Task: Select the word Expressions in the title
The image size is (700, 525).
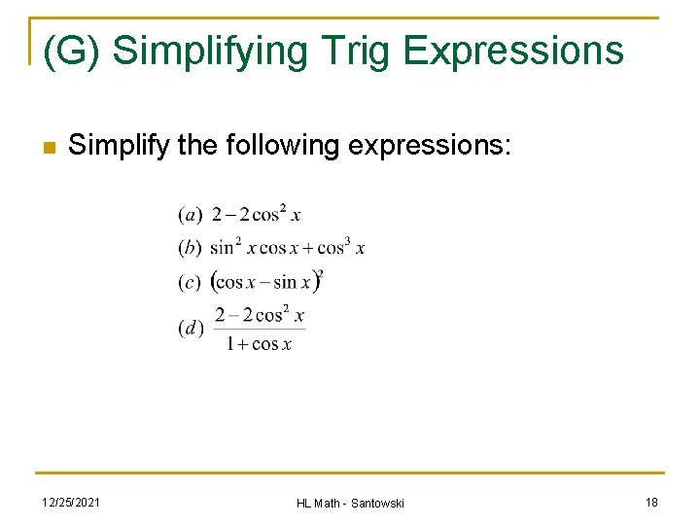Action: coord(513,51)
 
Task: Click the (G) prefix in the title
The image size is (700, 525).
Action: coord(71,51)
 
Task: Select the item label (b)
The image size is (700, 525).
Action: coord(191,248)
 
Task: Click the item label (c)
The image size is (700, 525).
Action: coord(191,282)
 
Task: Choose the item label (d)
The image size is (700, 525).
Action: coord(191,328)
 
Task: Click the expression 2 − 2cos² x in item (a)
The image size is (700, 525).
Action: coord(257,214)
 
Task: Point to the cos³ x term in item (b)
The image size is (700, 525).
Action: coord(341,247)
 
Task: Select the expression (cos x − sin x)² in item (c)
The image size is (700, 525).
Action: coord(267,282)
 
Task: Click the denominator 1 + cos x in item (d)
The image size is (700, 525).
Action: coord(259,344)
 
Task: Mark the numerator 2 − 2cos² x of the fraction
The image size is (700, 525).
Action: coord(260,314)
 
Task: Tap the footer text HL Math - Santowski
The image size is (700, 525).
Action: coord(350,502)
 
